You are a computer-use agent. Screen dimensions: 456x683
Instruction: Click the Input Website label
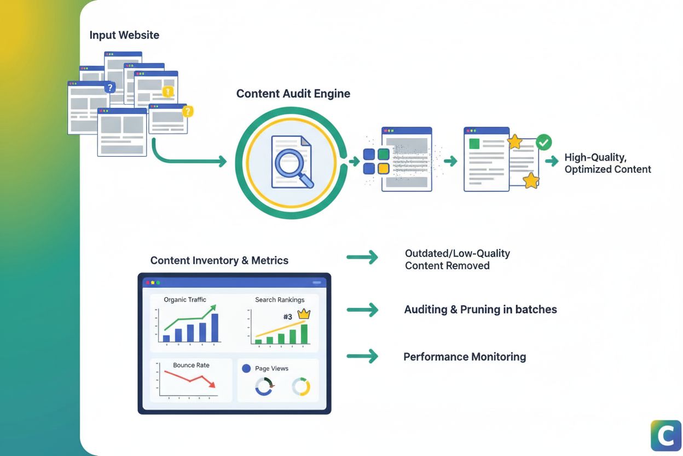124,35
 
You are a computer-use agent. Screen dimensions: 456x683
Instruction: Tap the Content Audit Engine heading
293,94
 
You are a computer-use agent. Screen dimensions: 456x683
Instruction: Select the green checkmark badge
543,142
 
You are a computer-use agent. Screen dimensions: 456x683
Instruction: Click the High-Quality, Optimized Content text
607,163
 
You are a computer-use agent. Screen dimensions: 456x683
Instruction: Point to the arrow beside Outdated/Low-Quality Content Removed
362,258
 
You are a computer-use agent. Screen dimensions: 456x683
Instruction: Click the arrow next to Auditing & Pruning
362,310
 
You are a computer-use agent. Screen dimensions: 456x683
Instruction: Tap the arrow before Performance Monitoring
362,356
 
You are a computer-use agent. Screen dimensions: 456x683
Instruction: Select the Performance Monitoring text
465,357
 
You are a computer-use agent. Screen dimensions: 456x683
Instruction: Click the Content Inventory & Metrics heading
219,260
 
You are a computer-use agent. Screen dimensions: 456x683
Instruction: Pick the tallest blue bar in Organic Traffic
215,327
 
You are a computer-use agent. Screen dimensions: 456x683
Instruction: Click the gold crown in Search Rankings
303,315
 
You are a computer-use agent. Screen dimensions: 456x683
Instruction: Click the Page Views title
271,368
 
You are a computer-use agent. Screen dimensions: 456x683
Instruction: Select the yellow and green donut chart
301,386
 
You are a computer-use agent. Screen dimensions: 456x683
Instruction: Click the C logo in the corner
665,435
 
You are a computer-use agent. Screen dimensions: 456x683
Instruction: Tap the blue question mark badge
110,87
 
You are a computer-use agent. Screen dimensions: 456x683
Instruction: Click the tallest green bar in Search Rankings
304,334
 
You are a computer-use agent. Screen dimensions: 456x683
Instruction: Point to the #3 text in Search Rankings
288,317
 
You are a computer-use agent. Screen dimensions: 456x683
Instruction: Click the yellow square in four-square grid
384,168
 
